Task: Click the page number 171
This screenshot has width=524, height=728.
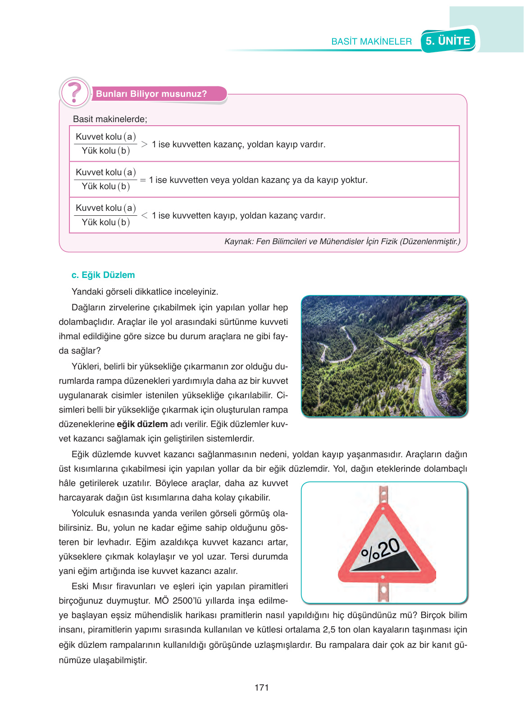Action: point(261,687)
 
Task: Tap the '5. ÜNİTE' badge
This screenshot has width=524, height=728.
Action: point(448,41)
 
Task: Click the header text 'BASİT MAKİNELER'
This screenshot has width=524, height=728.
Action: point(371,41)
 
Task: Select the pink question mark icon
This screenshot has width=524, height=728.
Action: point(75,93)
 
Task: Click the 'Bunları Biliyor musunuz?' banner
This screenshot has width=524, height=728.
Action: point(151,94)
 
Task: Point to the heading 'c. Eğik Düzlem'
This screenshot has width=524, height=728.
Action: point(103,275)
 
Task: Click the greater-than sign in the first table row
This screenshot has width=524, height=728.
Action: point(144,144)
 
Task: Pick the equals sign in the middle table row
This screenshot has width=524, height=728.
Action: point(143,180)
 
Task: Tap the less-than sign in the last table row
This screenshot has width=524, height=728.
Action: point(144,215)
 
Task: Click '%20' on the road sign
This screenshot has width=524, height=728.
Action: point(381,550)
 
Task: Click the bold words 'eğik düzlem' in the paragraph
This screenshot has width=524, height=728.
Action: point(142,424)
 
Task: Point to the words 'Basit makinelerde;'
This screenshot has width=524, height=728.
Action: point(110,119)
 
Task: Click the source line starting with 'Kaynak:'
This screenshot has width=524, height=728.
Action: point(342,241)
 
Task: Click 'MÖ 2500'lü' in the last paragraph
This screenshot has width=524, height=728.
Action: point(178,601)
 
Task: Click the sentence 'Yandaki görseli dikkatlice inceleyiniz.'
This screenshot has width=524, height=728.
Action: point(145,291)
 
